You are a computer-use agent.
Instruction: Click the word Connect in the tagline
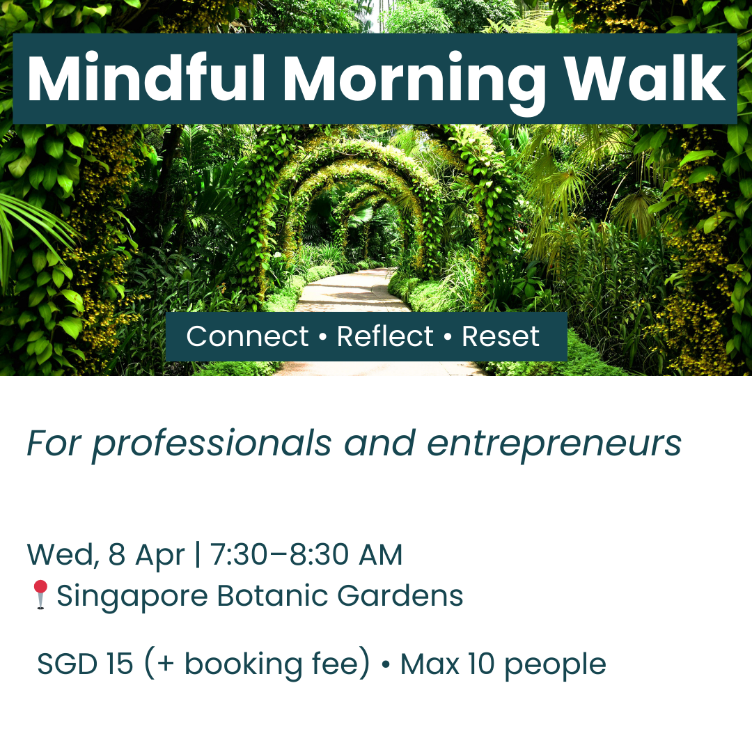coord(247,337)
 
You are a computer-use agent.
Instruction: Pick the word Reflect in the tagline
coord(385,337)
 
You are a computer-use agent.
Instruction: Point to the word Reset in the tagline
coord(501,337)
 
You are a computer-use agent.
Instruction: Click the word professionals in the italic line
coord(212,444)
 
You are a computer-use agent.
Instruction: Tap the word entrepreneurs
coord(554,444)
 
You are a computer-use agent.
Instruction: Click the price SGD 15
coord(85,664)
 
